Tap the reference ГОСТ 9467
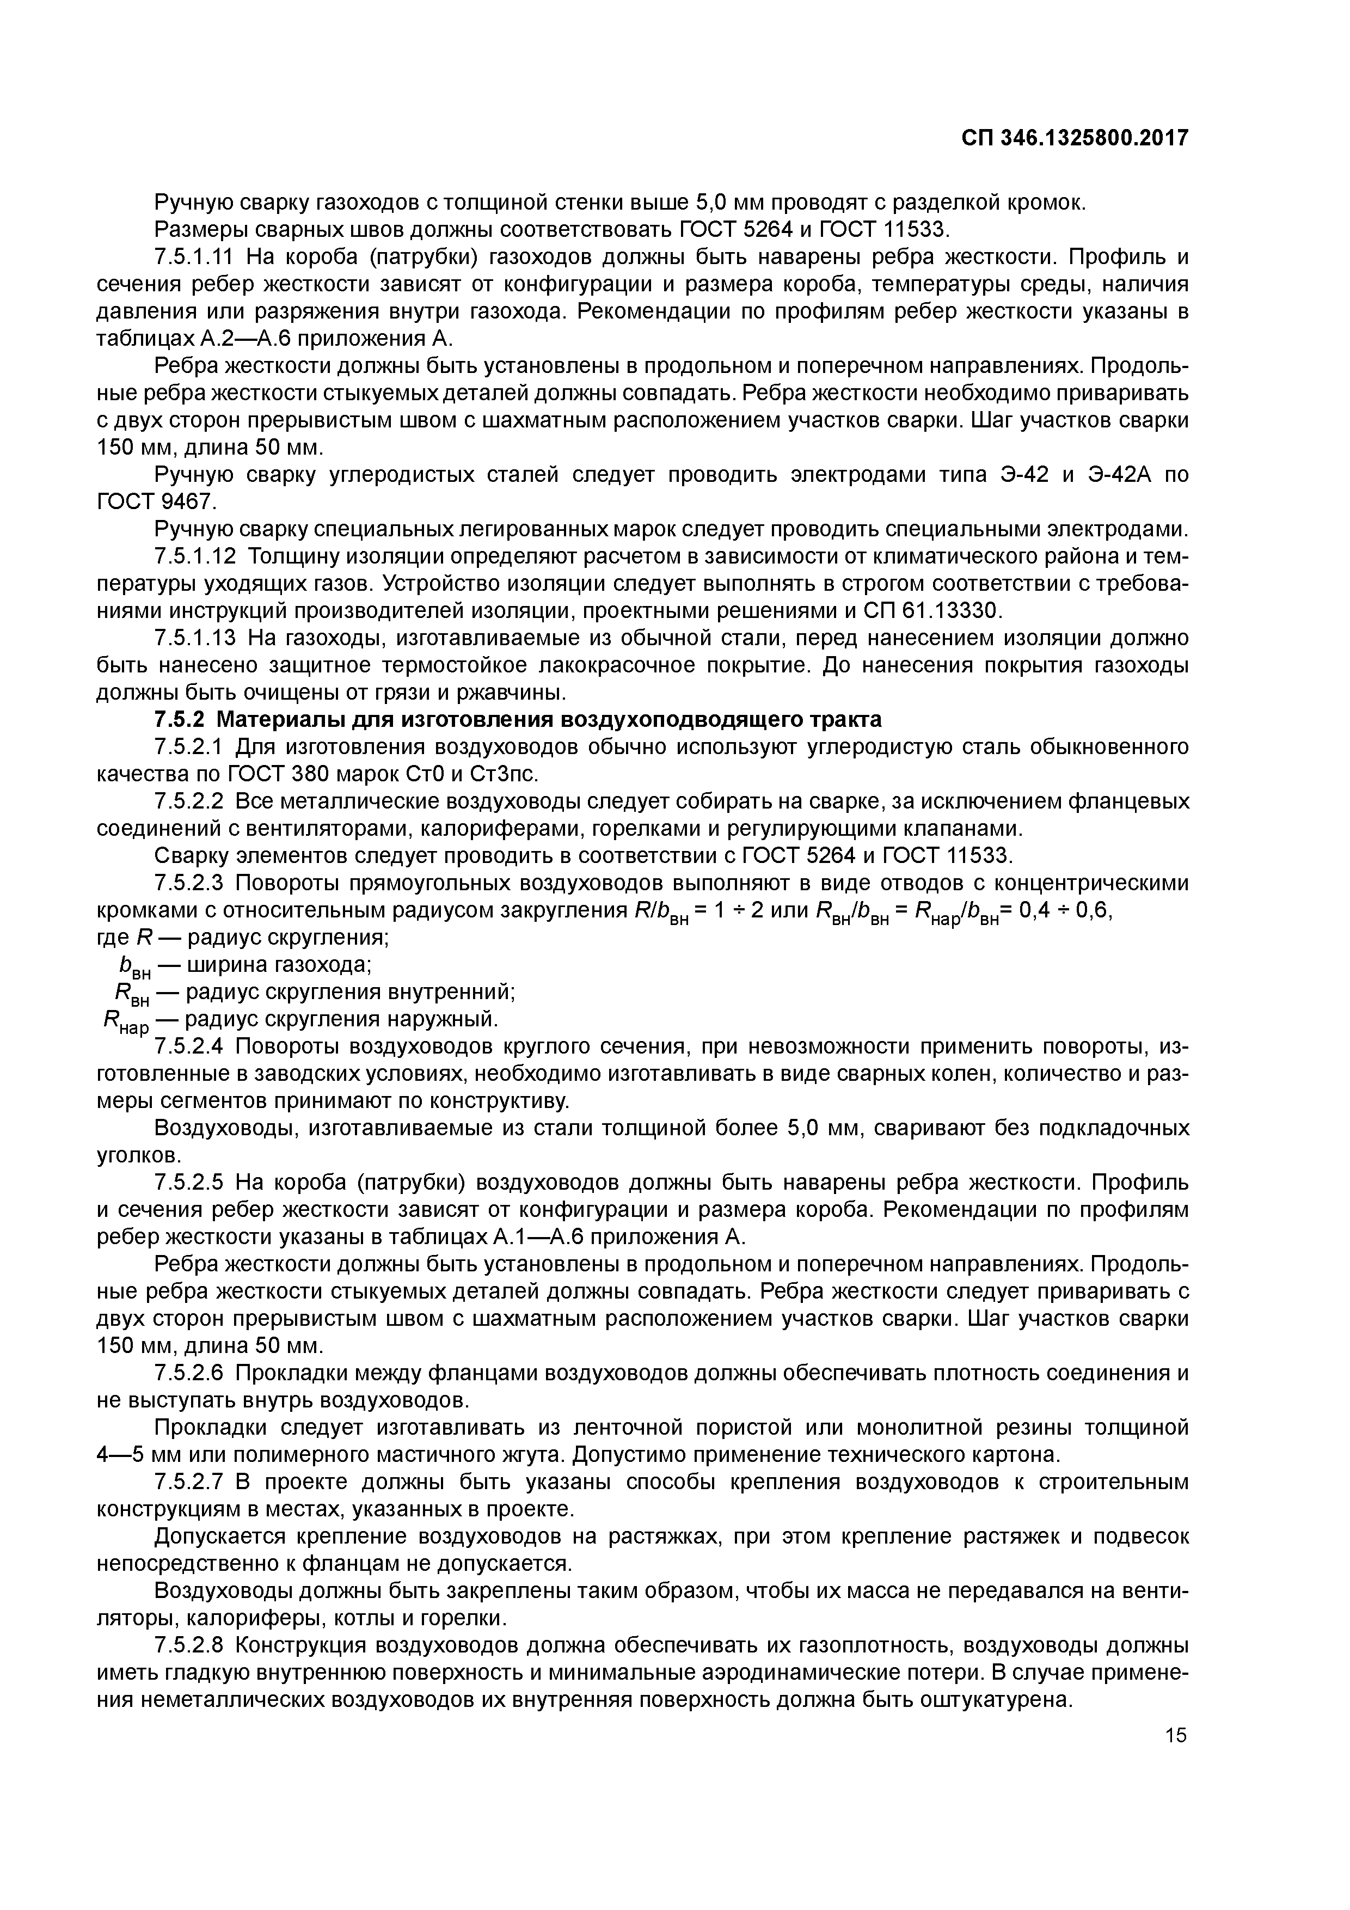tap(156, 503)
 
